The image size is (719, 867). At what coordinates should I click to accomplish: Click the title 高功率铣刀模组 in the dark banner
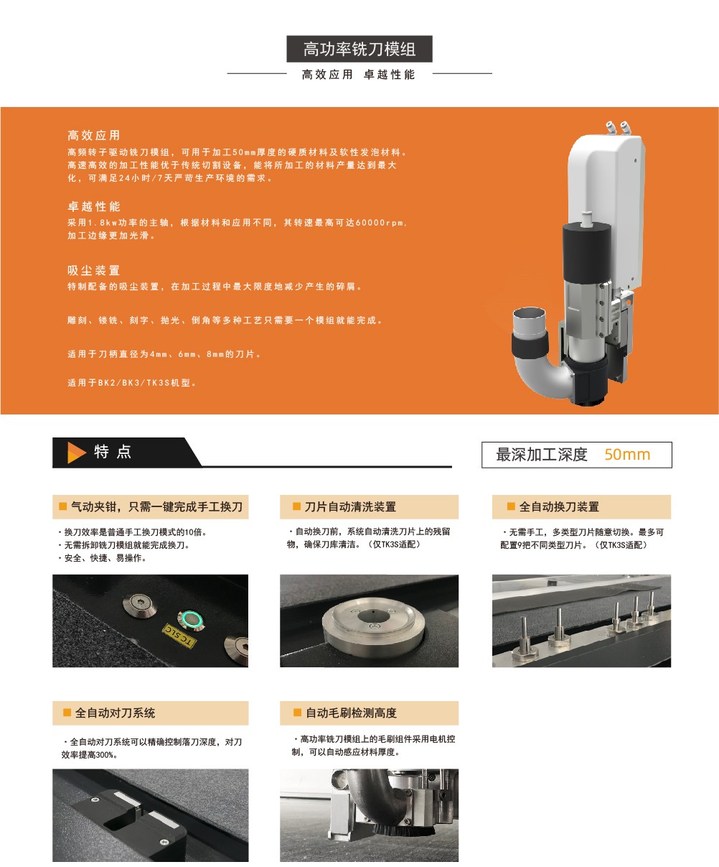[359, 49]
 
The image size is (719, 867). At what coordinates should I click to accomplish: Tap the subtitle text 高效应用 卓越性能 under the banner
[359, 74]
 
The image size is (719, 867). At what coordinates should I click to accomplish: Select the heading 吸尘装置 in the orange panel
[94, 270]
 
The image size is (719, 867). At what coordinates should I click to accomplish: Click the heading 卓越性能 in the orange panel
[94, 206]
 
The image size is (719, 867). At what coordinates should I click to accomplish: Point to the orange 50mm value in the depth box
[627, 454]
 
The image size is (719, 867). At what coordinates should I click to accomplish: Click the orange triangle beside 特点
[76, 453]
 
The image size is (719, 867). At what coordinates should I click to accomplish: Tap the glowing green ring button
[191, 619]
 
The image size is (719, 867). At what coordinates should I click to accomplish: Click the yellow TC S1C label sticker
[179, 636]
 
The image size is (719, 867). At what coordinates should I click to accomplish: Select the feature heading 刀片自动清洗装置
[350, 506]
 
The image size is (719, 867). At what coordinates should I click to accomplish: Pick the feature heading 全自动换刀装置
[559, 506]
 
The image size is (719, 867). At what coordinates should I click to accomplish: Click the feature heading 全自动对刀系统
[115, 713]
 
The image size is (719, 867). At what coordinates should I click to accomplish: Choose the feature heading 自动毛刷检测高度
[351, 713]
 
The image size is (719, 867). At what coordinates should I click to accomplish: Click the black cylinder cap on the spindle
[587, 252]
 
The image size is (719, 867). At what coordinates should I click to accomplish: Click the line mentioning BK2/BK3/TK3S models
[132, 382]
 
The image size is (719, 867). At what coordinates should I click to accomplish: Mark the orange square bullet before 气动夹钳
[63, 506]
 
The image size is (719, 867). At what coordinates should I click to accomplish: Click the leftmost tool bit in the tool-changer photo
[525, 635]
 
